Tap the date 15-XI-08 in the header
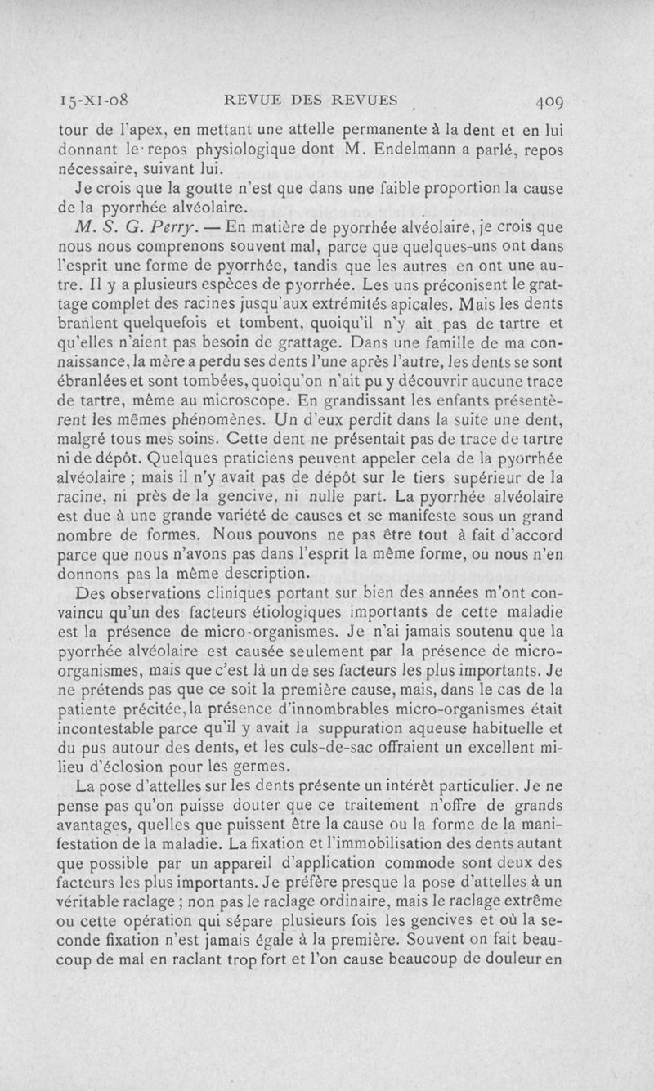coord(96,102)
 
